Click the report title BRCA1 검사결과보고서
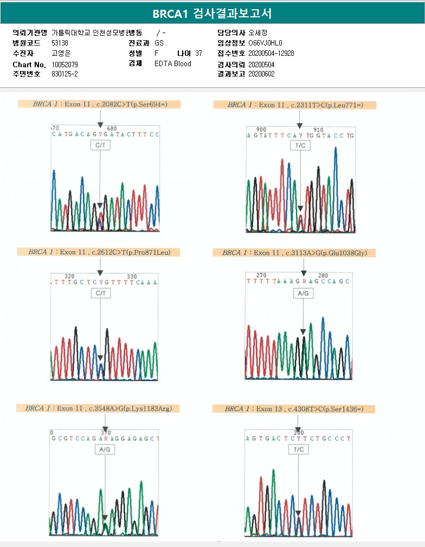pyautogui.click(x=212, y=14)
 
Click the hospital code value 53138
pyautogui.click(x=60, y=43)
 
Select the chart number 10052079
pyautogui.click(x=65, y=64)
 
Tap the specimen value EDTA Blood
pyautogui.click(x=173, y=63)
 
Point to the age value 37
pyautogui.click(x=198, y=53)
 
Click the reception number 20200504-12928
pyautogui.click(x=271, y=53)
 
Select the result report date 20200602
pyautogui.click(x=261, y=74)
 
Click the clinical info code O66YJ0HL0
pyautogui.click(x=265, y=43)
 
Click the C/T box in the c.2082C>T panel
pyautogui.click(x=100, y=145)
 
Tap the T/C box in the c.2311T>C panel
pyautogui.click(x=300, y=146)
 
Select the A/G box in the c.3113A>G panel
pyautogui.click(x=304, y=293)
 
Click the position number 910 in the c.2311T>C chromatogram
pyautogui.click(x=318, y=130)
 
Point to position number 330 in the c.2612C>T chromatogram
pyautogui.click(x=132, y=276)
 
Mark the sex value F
pyautogui.click(x=157, y=53)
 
